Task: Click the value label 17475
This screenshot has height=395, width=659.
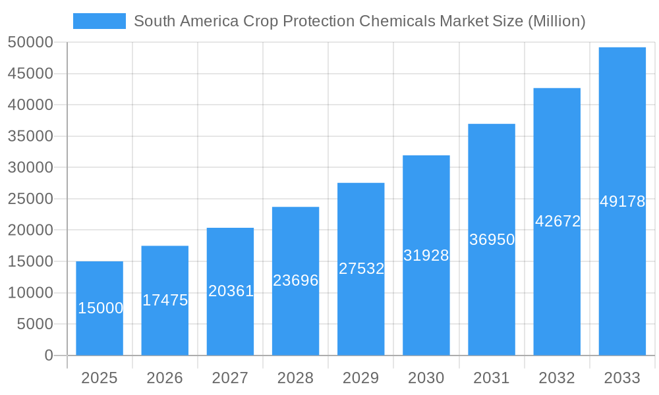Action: tap(165, 300)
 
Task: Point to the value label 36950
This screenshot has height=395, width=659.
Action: tap(492, 240)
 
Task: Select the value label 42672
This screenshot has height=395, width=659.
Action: tap(558, 221)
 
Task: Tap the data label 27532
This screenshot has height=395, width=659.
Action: tap(361, 269)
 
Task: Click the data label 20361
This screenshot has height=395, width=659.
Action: tap(231, 291)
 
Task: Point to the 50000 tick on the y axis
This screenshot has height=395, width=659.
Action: tap(30, 43)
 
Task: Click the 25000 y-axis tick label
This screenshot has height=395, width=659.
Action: tap(30, 199)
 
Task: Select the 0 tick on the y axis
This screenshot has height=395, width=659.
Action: tap(48, 355)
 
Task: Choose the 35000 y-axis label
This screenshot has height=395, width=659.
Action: tap(30, 136)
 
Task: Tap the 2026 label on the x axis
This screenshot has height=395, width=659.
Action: tap(165, 378)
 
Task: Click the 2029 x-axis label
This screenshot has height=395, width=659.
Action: tap(361, 378)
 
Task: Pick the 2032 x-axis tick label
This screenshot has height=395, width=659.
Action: tap(557, 378)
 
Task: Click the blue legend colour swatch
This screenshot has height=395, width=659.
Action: tap(99, 21)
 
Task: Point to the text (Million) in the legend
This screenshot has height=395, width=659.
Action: tap(557, 21)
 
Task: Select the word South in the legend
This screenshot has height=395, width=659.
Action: tap(152, 21)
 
